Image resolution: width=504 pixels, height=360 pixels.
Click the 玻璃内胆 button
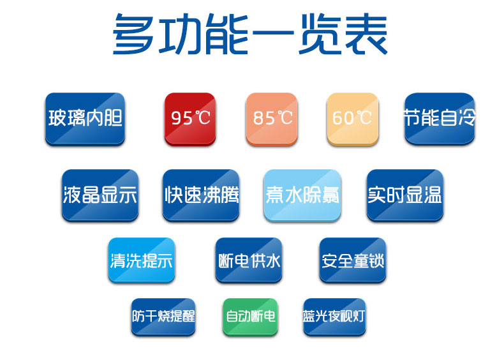[x=85, y=119]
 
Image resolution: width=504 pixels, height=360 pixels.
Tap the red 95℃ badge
[x=190, y=119]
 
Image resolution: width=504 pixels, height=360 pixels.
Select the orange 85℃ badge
[x=272, y=119]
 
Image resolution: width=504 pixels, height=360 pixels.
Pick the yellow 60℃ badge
[x=353, y=119]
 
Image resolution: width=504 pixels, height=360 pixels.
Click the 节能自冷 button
[x=440, y=119]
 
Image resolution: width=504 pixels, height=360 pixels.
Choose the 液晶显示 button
[x=100, y=195]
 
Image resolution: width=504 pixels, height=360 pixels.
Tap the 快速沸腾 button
[x=201, y=195]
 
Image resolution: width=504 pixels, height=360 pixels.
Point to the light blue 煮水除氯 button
[x=302, y=195]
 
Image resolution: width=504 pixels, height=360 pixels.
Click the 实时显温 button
[x=405, y=195]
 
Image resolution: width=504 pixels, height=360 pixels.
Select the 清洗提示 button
[x=142, y=260]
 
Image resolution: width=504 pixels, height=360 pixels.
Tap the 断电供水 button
[x=249, y=260]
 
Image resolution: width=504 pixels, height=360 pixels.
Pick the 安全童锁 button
[x=353, y=260]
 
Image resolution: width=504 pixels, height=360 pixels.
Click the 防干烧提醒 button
[x=163, y=317]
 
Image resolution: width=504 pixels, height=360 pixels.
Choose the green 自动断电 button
[x=250, y=317]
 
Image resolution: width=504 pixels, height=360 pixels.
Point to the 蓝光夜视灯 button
[x=334, y=317]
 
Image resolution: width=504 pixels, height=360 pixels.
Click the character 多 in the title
[x=133, y=34]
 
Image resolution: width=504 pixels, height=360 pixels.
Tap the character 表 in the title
[x=366, y=34]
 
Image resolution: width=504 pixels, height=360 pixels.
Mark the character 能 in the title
[x=227, y=34]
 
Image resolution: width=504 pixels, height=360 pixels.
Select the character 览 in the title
[x=320, y=34]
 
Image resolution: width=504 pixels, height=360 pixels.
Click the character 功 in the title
[x=180, y=34]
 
